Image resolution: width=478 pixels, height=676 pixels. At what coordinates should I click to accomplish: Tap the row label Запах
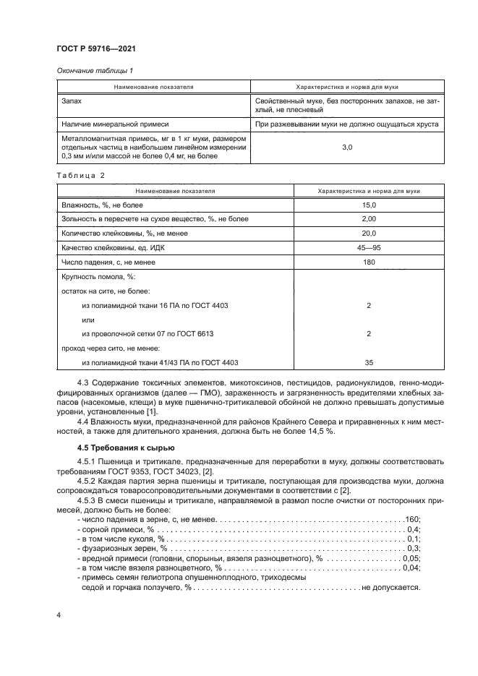(x=74, y=102)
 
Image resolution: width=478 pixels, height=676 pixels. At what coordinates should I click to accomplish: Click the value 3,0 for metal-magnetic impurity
(x=346, y=147)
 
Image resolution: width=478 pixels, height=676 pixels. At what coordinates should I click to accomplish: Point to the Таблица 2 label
(x=81, y=176)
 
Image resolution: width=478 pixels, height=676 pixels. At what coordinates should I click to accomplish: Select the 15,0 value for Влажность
(x=369, y=206)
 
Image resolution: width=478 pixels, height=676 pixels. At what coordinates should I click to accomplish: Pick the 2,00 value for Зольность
(x=369, y=219)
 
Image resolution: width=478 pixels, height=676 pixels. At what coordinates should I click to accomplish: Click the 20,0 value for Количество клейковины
(x=369, y=233)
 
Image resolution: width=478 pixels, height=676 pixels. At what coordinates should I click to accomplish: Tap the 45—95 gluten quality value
(x=369, y=247)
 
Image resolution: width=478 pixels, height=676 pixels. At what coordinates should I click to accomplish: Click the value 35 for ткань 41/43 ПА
(x=369, y=362)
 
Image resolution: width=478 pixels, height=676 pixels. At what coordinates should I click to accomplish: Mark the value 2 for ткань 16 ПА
(x=369, y=306)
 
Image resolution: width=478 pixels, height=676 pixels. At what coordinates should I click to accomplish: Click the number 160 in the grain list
(x=412, y=519)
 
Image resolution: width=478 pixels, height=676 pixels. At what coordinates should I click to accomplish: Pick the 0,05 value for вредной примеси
(x=411, y=558)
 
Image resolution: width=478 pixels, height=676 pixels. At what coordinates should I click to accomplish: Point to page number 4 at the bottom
(x=59, y=615)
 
